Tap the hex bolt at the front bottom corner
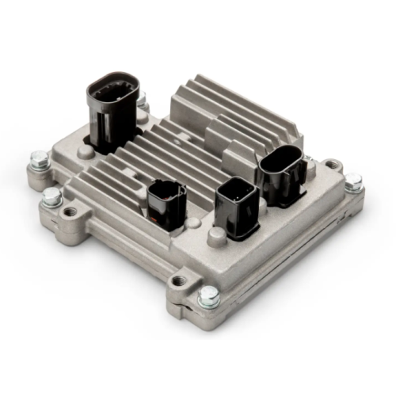coord(208,297)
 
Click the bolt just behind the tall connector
coord(143,100)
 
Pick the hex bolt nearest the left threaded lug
coord(52,197)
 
